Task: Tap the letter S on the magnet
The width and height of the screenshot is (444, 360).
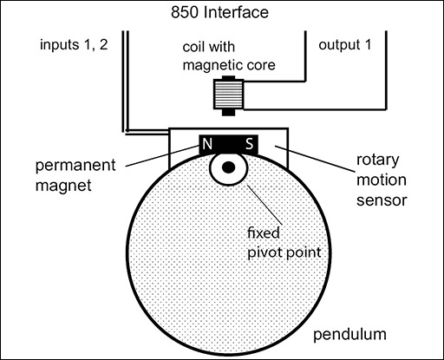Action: click(x=249, y=145)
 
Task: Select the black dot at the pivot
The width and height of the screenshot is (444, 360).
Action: click(x=228, y=167)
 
